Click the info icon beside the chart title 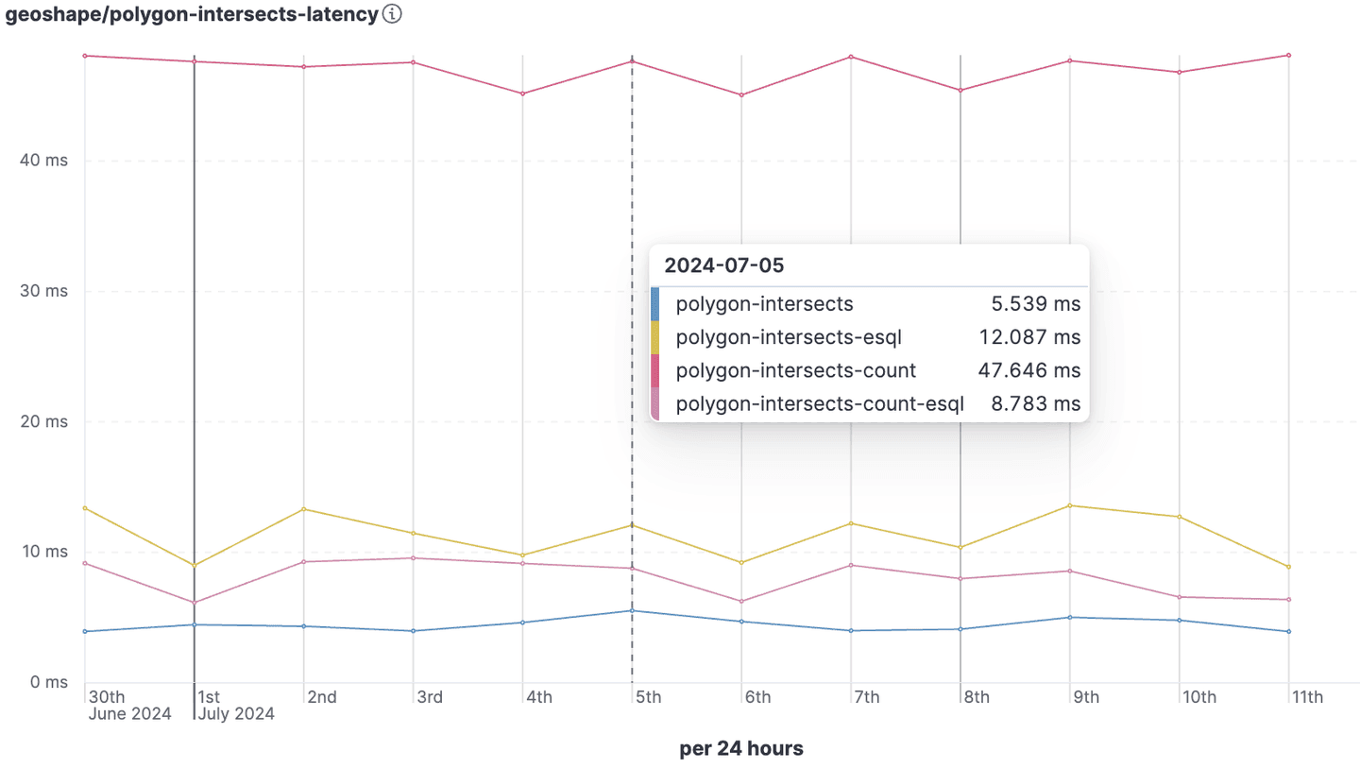coord(393,14)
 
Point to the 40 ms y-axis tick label coord(44,161)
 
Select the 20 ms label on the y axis coord(44,421)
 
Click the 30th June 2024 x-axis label coord(129,706)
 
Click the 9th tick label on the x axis coord(1085,698)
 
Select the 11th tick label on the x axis coord(1308,698)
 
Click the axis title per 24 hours coord(741,749)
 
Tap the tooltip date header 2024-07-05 coord(723,265)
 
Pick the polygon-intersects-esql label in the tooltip coord(783,337)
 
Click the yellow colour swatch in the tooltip coord(655,337)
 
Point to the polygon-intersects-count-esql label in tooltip coord(819,404)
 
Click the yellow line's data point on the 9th coord(1070,505)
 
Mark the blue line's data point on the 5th coord(632,610)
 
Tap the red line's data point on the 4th coord(522,94)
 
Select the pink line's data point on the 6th coord(741,602)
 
